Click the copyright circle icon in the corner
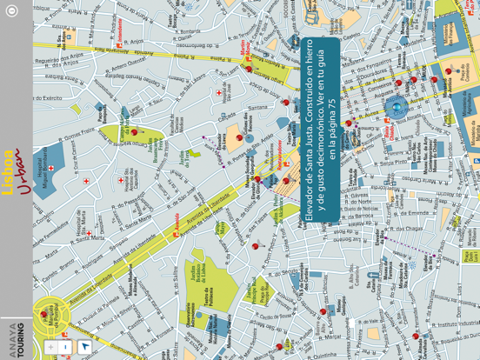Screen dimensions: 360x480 point(11,11)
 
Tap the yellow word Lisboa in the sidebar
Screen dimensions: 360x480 point(9,170)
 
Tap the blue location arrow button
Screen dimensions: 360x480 point(84,347)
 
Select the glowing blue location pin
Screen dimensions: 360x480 point(397,108)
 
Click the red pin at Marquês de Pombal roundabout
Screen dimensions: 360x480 point(43,315)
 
